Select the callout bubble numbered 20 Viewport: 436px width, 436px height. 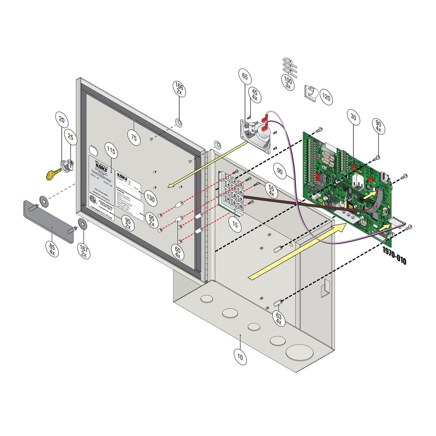(62, 120)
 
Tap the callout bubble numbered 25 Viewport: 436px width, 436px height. (71, 137)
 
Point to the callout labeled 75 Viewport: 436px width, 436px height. (134, 138)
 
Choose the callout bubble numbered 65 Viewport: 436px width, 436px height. (245, 76)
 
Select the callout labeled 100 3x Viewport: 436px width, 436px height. (288, 82)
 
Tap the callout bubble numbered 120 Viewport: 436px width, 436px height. (326, 97)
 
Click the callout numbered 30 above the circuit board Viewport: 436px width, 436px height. (353, 117)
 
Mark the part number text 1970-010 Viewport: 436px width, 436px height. (394, 255)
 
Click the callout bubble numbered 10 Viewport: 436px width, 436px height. (240, 357)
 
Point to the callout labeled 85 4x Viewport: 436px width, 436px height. (52, 249)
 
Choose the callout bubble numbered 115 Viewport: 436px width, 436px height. (111, 151)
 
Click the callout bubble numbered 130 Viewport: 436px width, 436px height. (150, 198)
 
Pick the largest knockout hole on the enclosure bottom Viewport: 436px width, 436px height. (298, 352)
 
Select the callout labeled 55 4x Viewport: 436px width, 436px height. (271, 191)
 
